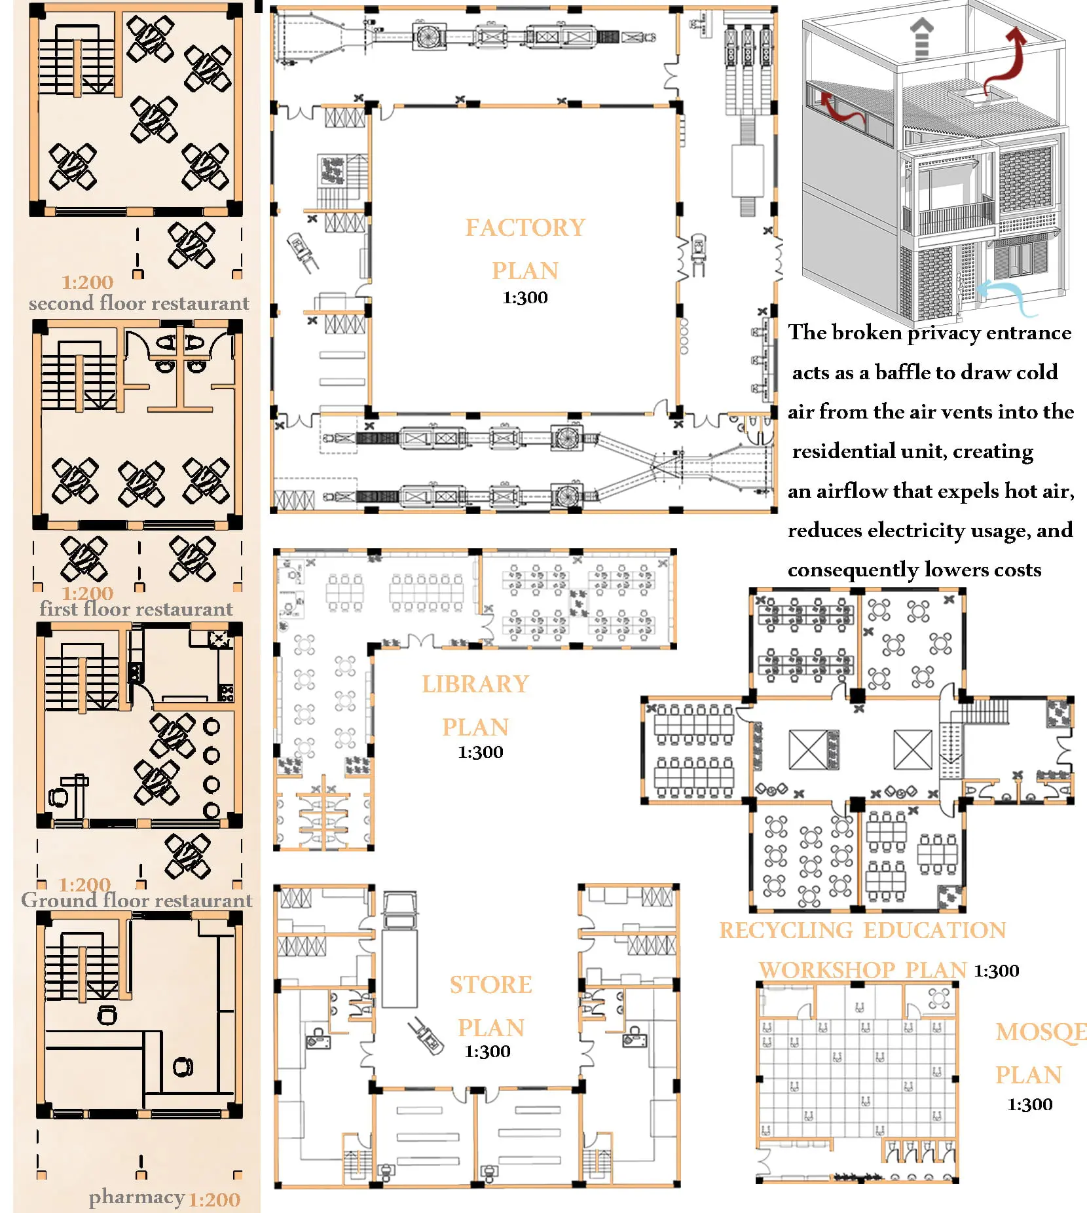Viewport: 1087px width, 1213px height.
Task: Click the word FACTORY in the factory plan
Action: [x=525, y=227]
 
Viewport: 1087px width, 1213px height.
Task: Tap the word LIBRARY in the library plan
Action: [x=475, y=684]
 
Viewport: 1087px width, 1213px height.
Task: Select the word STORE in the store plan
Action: [x=490, y=984]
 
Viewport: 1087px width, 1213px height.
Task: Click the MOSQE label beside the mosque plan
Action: [x=1041, y=1032]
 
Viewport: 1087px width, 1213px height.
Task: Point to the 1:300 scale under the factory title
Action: [x=525, y=297]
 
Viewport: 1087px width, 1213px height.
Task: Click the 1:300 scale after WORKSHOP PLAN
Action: [x=997, y=971]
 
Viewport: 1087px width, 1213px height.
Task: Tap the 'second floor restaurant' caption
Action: [x=139, y=303]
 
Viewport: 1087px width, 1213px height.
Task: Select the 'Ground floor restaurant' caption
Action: [x=136, y=901]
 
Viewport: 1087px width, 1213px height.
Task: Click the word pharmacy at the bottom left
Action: [x=137, y=1198]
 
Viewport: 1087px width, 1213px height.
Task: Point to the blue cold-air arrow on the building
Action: [x=1008, y=293]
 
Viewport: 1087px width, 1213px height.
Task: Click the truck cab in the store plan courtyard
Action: [x=399, y=910]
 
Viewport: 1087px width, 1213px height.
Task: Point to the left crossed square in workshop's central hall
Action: [x=809, y=750]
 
